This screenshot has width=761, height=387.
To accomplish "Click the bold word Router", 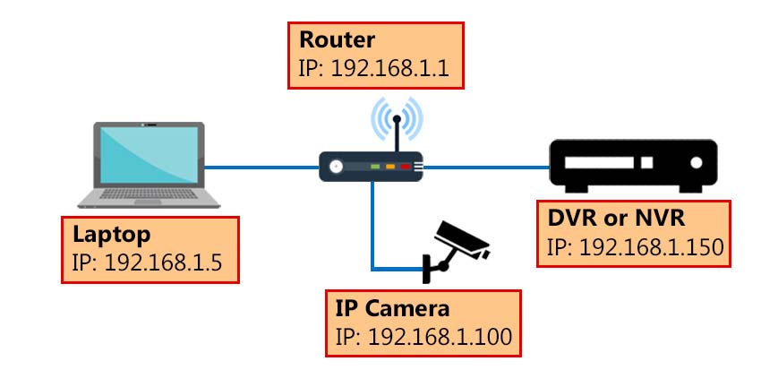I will [x=338, y=39].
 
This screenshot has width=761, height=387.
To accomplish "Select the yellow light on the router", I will [x=390, y=167].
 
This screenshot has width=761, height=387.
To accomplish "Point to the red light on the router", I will [x=405, y=167].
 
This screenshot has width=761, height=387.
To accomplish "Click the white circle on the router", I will [x=336, y=166].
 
